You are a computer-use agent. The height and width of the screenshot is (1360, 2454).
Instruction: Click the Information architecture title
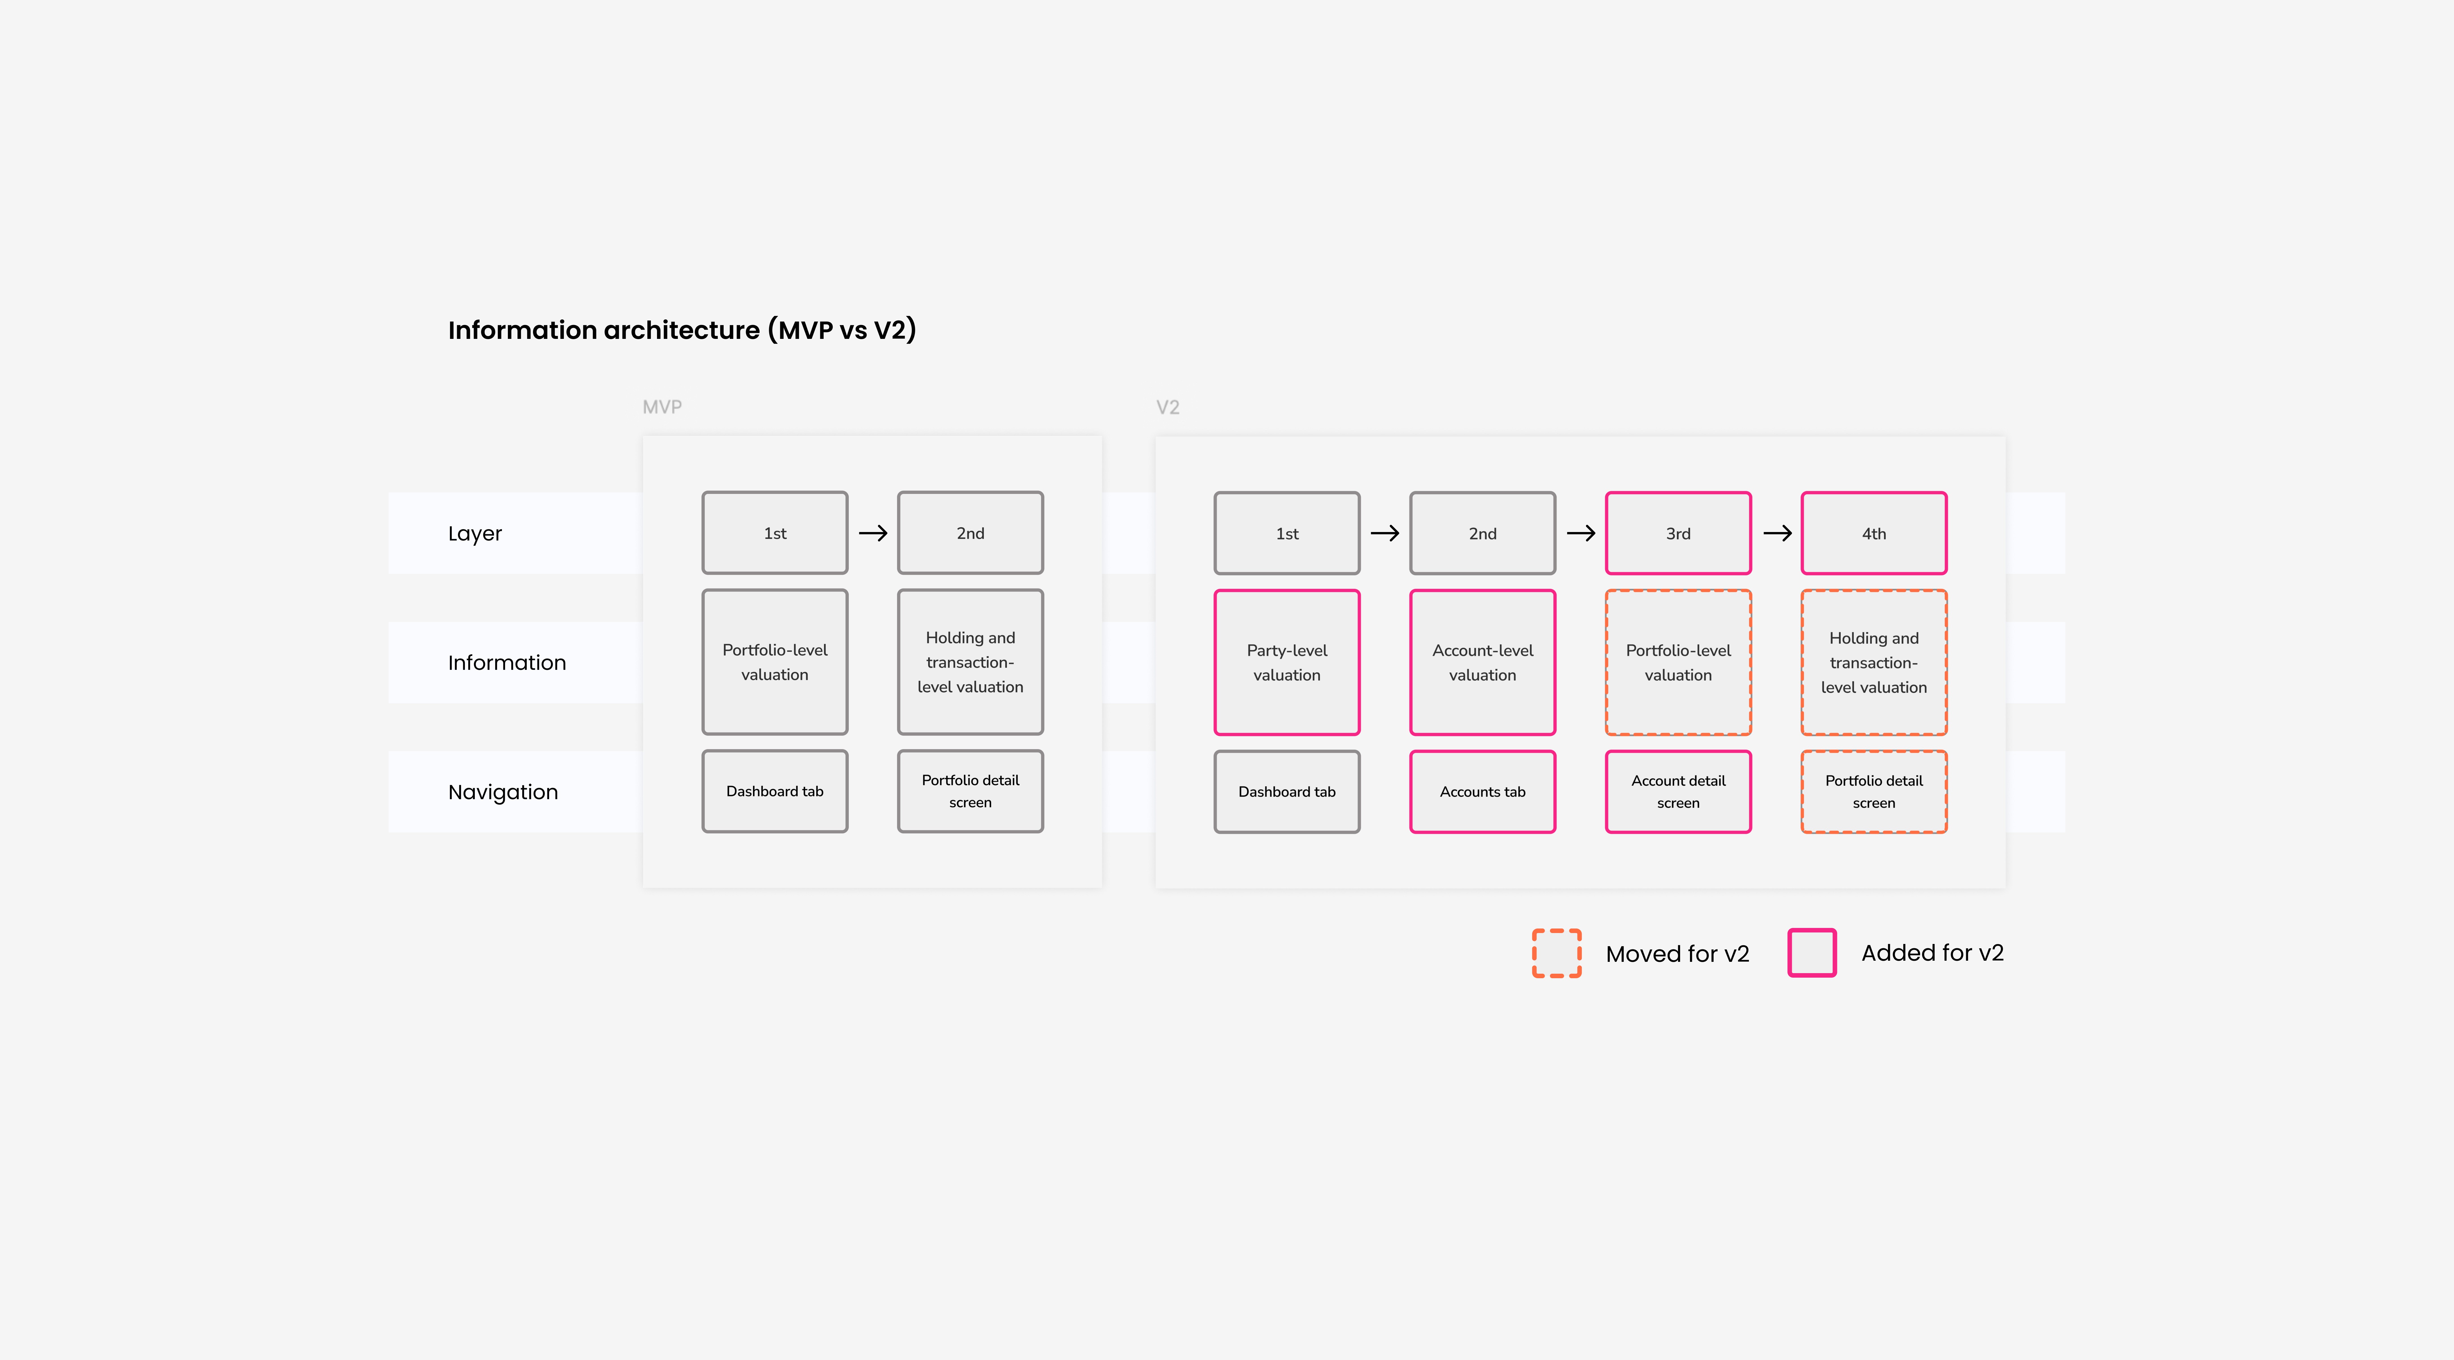point(682,330)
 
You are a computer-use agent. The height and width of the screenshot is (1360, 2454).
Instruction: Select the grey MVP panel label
point(662,407)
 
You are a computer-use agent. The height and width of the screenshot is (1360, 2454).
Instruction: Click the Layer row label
point(475,533)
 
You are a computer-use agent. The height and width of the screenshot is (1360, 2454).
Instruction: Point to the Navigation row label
point(503,792)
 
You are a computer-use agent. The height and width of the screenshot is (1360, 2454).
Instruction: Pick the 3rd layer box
point(1678,533)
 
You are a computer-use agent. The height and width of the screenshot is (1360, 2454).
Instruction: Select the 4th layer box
point(1874,533)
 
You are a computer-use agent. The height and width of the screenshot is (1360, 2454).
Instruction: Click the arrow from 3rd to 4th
point(1777,533)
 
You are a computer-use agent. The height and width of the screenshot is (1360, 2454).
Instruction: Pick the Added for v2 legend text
point(1932,953)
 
